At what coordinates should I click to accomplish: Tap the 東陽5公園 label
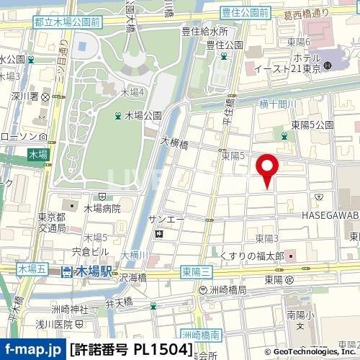click(x=312, y=125)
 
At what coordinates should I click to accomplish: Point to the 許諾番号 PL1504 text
click(x=132, y=350)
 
